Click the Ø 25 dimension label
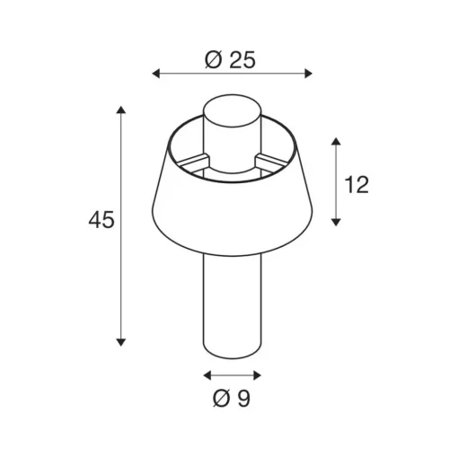pos(230,60)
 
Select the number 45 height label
pos(101,220)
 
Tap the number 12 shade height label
pos(357,184)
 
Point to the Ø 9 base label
pos(232,398)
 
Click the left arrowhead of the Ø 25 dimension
pos(156,74)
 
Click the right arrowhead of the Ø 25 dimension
pos(308,74)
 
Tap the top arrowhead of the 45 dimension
pos(121,110)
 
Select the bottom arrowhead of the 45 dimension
pos(121,342)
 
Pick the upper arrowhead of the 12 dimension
pos(336,142)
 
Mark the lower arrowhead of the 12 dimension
pos(336,222)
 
